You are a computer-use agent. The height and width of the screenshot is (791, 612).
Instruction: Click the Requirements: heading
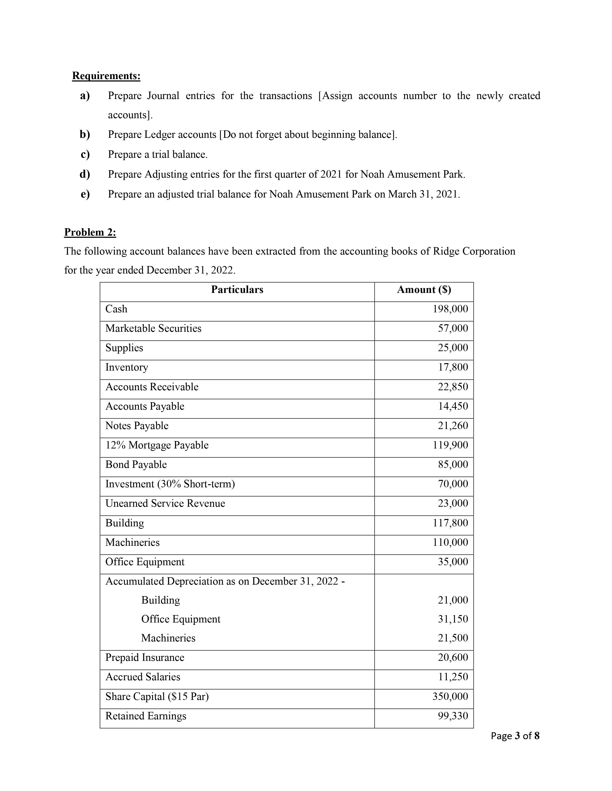(106, 76)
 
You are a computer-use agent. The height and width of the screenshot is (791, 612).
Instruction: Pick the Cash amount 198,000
(450, 309)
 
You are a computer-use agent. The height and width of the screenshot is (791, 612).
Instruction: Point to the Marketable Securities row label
(153, 328)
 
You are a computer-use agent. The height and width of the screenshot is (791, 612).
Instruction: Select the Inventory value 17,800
(453, 367)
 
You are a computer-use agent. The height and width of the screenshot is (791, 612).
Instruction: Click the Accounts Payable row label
(145, 406)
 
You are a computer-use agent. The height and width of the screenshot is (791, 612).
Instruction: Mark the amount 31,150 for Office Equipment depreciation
(453, 619)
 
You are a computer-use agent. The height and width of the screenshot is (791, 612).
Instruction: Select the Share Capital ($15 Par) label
(157, 697)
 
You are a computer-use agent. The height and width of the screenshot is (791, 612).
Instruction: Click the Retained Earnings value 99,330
(453, 716)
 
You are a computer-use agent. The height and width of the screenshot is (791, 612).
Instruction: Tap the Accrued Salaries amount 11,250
(453, 677)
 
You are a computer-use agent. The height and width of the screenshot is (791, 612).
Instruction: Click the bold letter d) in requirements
(85, 174)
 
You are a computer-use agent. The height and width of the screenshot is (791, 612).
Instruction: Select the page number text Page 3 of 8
(515, 736)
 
